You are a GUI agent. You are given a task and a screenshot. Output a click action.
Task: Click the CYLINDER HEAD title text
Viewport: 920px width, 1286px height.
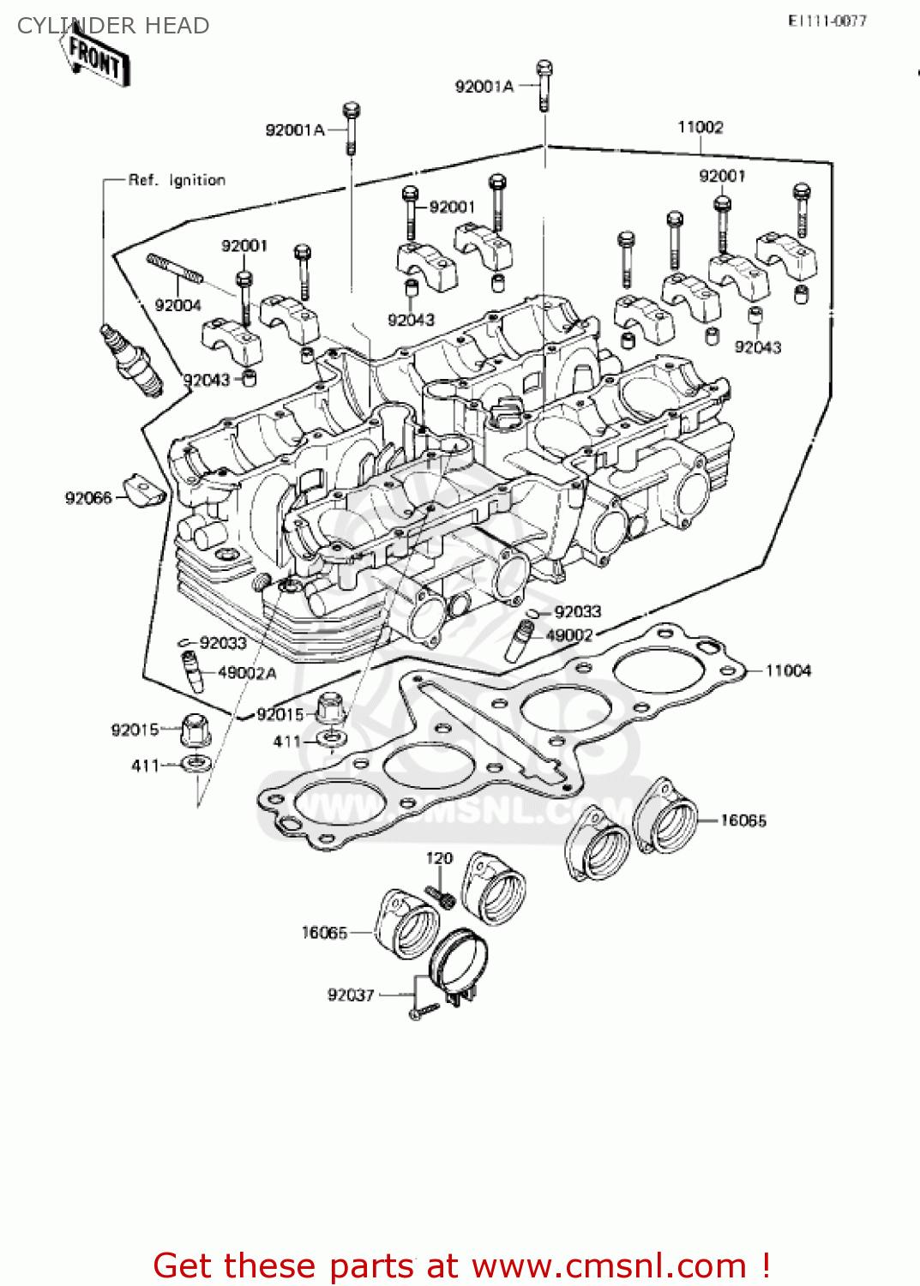(x=113, y=26)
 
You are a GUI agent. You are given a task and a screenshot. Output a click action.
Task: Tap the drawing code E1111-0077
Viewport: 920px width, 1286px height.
(x=827, y=21)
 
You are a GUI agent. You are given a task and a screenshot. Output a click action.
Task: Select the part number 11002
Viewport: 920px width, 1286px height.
(x=700, y=128)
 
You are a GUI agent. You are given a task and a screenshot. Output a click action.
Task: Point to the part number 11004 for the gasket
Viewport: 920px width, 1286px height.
(x=787, y=670)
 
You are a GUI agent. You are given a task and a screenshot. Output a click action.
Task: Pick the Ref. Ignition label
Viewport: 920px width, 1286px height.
(x=177, y=180)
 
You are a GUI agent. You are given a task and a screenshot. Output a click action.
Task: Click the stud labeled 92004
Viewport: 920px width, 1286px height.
(x=175, y=268)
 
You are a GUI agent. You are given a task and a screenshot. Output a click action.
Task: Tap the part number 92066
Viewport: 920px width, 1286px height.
(x=88, y=498)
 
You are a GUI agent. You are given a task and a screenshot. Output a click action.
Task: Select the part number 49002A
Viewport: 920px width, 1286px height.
(x=247, y=673)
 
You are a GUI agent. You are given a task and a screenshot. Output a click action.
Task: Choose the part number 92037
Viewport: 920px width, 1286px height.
(x=351, y=995)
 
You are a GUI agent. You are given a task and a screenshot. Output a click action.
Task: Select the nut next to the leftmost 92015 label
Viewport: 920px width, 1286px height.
(x=195, y=730)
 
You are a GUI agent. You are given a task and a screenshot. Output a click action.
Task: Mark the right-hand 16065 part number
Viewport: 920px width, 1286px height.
(x=743, y=820)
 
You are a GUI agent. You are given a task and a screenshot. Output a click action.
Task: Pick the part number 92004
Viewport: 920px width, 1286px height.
(x=177, y=305)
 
